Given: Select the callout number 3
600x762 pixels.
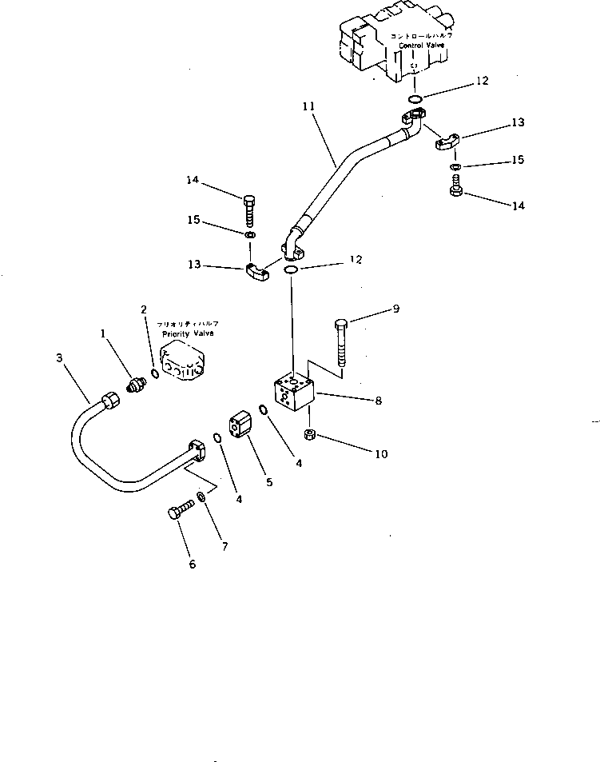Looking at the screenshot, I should [60, 358].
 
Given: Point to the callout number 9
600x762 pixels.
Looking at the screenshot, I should [395, 309].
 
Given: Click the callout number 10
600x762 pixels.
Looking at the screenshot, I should [381, 453].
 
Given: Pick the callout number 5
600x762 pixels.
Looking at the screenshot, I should [268, 481].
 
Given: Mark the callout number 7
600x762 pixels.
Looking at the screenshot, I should [225, 547].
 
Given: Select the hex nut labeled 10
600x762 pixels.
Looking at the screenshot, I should [312, 434].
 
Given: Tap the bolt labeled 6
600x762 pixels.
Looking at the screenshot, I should [181, 512].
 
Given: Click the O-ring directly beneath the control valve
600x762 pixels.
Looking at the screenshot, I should [415, 98].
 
